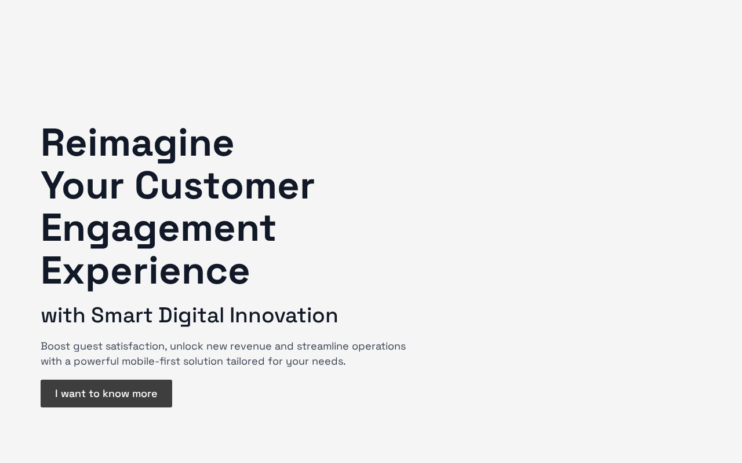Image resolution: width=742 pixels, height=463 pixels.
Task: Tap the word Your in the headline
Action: pos(82,186)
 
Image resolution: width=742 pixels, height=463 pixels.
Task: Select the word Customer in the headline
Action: pos(225,186)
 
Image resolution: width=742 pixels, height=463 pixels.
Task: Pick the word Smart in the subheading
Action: pos(122,315)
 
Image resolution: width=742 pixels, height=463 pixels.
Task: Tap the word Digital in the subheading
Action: pos(191,316)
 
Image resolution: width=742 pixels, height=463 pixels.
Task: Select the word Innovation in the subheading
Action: pos(283,315)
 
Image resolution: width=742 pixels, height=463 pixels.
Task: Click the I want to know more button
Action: pos(106,394)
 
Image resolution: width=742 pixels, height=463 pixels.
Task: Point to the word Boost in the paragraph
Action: pos(55,346)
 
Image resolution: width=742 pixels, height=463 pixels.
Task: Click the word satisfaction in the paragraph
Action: pos(136,346)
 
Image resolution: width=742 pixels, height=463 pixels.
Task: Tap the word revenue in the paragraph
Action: pos(251,347)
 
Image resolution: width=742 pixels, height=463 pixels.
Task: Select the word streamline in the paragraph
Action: pos(323,346)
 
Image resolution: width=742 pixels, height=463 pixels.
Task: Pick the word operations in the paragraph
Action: pos(379,347)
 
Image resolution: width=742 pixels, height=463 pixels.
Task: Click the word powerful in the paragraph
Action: pos(96,362)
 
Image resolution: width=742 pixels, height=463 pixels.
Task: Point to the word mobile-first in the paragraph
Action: pos(151,361)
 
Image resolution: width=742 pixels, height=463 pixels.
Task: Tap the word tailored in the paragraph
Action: pos(245,361)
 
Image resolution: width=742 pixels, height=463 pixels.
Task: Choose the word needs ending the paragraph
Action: pos(329,362)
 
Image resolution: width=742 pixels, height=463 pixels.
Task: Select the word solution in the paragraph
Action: pos(203,361)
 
